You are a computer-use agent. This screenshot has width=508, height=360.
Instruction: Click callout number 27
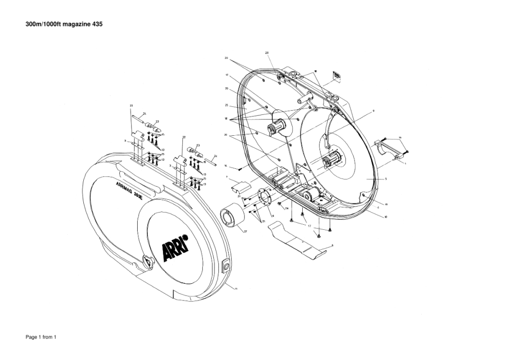[x=245, y=231]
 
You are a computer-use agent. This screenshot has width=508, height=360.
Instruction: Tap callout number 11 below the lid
[x=236, y=288]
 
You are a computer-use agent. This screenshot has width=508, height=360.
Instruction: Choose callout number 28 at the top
[x=267, y=53]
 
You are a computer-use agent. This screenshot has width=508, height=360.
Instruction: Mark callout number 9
[x=373, y=110]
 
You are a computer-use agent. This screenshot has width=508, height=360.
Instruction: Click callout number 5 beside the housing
[x=386, y=179]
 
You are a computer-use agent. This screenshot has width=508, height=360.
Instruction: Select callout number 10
[x=386, y=217]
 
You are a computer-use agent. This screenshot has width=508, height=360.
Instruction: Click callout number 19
[x=386, y=204]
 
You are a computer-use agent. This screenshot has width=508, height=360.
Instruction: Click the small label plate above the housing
[x=336, y=75]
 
